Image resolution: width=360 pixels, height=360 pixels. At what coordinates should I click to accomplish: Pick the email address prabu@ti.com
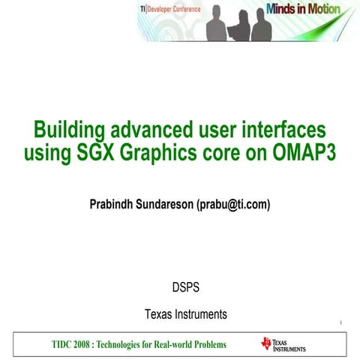[x=233, y=204]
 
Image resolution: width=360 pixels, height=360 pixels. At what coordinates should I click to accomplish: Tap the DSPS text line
[x=185, y=286]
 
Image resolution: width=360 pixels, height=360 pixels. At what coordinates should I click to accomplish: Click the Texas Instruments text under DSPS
[x=185, y=313]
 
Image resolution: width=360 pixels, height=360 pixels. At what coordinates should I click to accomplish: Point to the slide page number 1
[x=340, y=323]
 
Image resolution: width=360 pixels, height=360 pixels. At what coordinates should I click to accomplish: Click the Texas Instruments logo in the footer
[x=283, y=344]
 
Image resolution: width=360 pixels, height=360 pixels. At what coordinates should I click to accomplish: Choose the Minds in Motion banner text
[x=302, y=10]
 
